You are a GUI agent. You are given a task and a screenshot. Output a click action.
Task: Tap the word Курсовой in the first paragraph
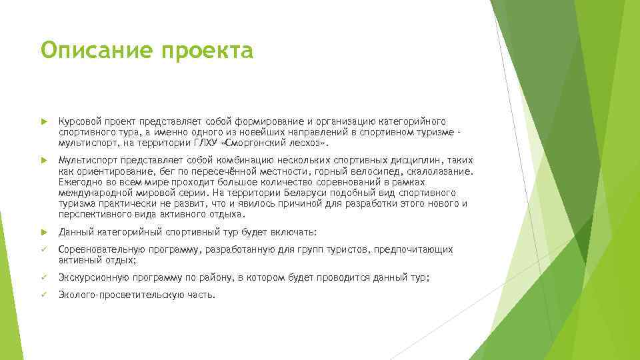79,121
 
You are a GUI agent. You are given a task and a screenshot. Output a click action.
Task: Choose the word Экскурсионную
94,277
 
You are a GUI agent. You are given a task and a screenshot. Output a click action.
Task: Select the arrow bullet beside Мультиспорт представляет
44,161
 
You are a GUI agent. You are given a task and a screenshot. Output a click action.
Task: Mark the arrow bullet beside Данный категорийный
44,233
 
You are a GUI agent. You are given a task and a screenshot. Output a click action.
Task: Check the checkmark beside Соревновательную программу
44,249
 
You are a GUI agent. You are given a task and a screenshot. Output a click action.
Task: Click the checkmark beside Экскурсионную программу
44,277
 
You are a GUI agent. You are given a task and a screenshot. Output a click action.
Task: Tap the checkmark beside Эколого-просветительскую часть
44,295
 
